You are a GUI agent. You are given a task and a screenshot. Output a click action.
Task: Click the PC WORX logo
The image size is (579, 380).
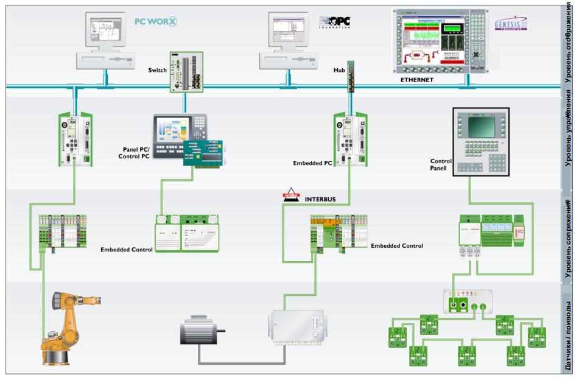[156, 22]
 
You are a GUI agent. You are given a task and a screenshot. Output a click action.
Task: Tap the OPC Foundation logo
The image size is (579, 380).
[335, 22]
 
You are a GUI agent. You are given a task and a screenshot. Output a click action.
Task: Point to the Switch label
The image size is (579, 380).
[157, 70]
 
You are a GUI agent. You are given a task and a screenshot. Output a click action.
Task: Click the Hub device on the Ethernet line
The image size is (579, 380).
[351, 76]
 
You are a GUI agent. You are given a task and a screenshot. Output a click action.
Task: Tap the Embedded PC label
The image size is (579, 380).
[312, 164]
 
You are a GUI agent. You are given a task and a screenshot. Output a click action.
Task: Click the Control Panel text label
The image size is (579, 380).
[441, 165]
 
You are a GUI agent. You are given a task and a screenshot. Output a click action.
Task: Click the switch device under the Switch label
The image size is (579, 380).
[186, 72]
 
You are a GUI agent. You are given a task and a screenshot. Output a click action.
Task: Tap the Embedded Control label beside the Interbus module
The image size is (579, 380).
[397, 246]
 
